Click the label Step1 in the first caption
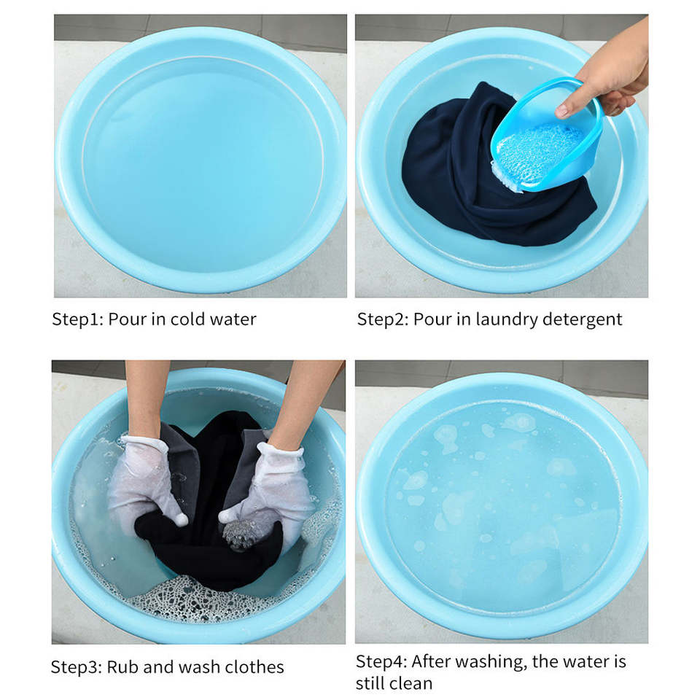pos(78,319)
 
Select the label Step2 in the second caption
pos(383,319)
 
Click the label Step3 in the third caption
pos(77,667)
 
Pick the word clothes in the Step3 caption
pos(254,667)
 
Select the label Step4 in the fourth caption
pos(381,662)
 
